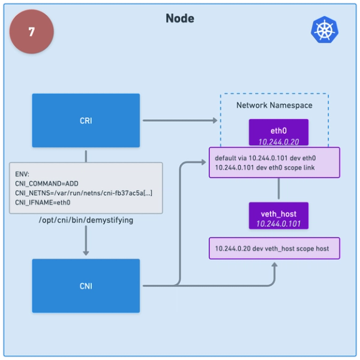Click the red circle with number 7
(31, 32)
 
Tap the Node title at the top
(179, 19)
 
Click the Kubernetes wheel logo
(324, 30)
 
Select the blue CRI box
(86, 121)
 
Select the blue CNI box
(86, 286)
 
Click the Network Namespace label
(274, 105)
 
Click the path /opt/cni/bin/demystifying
(86, 221)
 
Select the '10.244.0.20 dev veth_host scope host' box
(273, 249)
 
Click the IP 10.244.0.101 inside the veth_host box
(279, 224)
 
